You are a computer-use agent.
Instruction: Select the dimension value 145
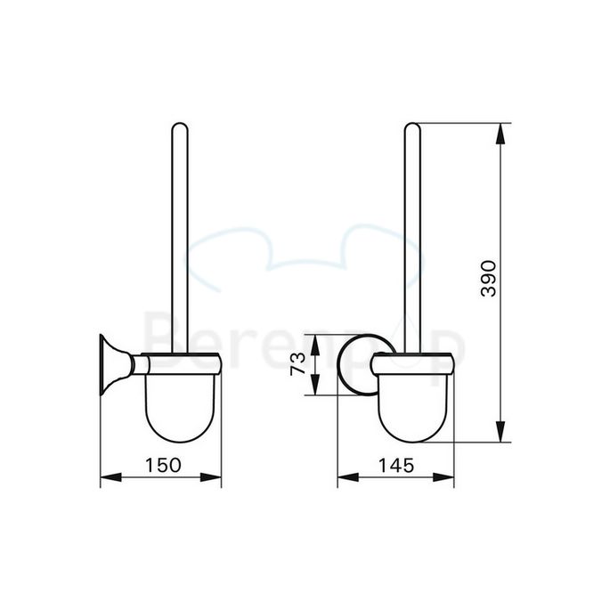pyautogui.click(x=394, y=464)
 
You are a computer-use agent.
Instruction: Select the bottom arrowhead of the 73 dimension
pyautogui.click(x=313, y=390)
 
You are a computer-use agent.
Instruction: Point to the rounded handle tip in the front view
pyautogui.click(x=412, y=129)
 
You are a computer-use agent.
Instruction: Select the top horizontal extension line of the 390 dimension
pyautogui.click(x=463, y=122)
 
